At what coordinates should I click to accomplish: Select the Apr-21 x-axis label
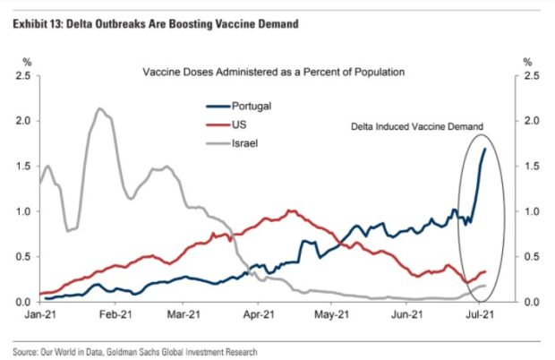(258, 316)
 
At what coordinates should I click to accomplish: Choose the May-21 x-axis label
(331, 316)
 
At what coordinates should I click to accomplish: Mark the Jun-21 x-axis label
(407, 316)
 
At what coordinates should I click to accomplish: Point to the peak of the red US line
(290, 210)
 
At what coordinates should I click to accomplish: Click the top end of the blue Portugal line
(485, 149)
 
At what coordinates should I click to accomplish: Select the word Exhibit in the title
(28, 23)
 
